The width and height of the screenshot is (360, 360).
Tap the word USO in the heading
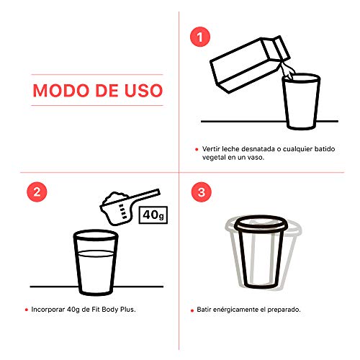click(143, 91)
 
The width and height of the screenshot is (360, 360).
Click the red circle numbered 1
click(200, 37)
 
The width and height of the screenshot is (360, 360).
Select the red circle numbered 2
click(37, 192)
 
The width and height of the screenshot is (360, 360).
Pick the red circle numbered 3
click(202, 192)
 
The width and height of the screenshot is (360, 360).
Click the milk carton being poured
click(250, 64)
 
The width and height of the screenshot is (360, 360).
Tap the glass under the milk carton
click(301, 102)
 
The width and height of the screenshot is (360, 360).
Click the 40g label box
click(153, 215)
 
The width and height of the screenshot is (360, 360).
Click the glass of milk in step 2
click(96, 263)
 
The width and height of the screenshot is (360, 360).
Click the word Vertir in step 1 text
click(211, 149)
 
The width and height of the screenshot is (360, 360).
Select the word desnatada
click(258, 149)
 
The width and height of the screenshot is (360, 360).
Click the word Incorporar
click(48, 310)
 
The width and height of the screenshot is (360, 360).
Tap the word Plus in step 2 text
click(128, 310)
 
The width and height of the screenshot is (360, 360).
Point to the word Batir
click(204, 310)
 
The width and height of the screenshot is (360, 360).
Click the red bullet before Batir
click(192, 310)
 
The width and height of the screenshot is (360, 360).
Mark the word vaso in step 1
click(256, 158)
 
